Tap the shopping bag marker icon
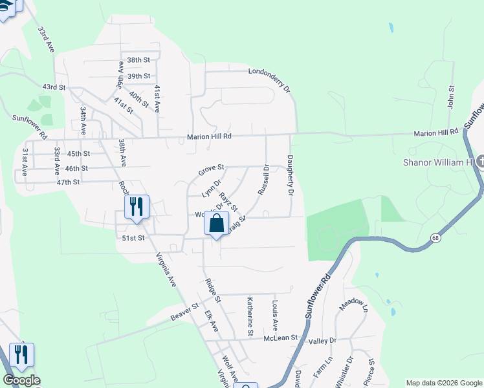(217, 224)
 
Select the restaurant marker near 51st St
(137, 207)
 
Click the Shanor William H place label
(437, 162)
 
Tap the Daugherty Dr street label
(290, 176)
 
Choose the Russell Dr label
(263, 179)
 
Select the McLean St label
(280, 338)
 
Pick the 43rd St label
(54, 87)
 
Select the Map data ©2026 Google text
(444, 383)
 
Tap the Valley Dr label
(323, 341)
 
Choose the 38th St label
(138, 60)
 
